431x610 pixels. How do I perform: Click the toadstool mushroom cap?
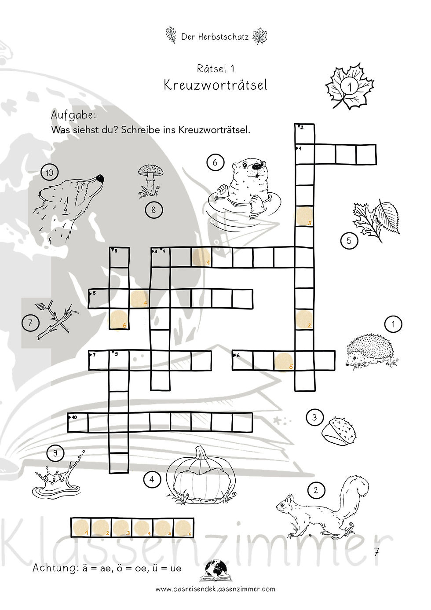[x=150, y=170]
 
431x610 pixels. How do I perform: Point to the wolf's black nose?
[x=100, y=178]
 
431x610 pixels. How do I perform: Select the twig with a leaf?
[x=56, y=320]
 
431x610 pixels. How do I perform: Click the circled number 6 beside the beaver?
[x=215, y=162]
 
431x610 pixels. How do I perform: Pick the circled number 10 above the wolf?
[x=49, y=173]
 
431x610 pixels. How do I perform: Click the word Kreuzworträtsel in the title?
[x=215, y=85]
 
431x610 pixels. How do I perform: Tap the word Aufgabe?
[x=73, y=116]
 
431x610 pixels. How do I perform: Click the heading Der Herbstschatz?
[x=215, y=37]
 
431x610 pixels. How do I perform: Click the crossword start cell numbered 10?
[x=78, y=422]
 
